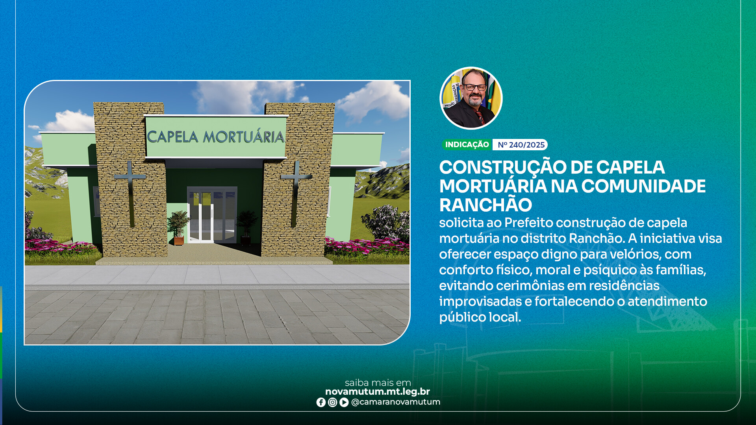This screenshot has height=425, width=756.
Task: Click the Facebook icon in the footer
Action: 321,402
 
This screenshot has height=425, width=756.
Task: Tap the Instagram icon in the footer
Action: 332,402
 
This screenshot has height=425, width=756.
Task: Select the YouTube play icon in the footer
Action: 344,402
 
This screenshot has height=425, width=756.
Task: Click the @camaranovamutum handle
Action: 395,402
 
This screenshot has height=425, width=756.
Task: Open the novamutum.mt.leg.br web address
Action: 377,392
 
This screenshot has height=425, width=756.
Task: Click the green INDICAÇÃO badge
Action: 467,145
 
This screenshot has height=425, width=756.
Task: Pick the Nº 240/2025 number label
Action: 521,145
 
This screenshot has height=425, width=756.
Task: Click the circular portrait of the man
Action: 471,98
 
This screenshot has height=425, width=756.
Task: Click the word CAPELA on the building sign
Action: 173,137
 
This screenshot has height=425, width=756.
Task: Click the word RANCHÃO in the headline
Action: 485,205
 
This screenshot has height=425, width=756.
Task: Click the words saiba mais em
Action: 378,382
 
